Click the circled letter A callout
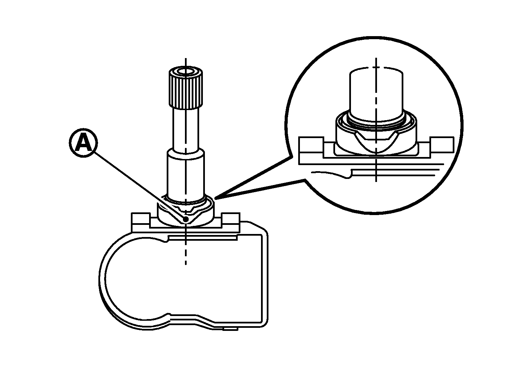(x=84, y=143)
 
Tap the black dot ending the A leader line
(x=186, y=219)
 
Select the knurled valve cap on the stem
(x=186, y=88)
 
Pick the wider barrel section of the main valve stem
(x=186, y=175)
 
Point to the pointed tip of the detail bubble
(x=215, y=198)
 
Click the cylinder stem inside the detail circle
(x=376, y=95)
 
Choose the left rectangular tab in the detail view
(x=311, y=145)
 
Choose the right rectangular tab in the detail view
(x=442, y=145)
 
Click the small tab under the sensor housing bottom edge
(x=231, y=329)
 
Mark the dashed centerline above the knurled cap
(x=186, y=62)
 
